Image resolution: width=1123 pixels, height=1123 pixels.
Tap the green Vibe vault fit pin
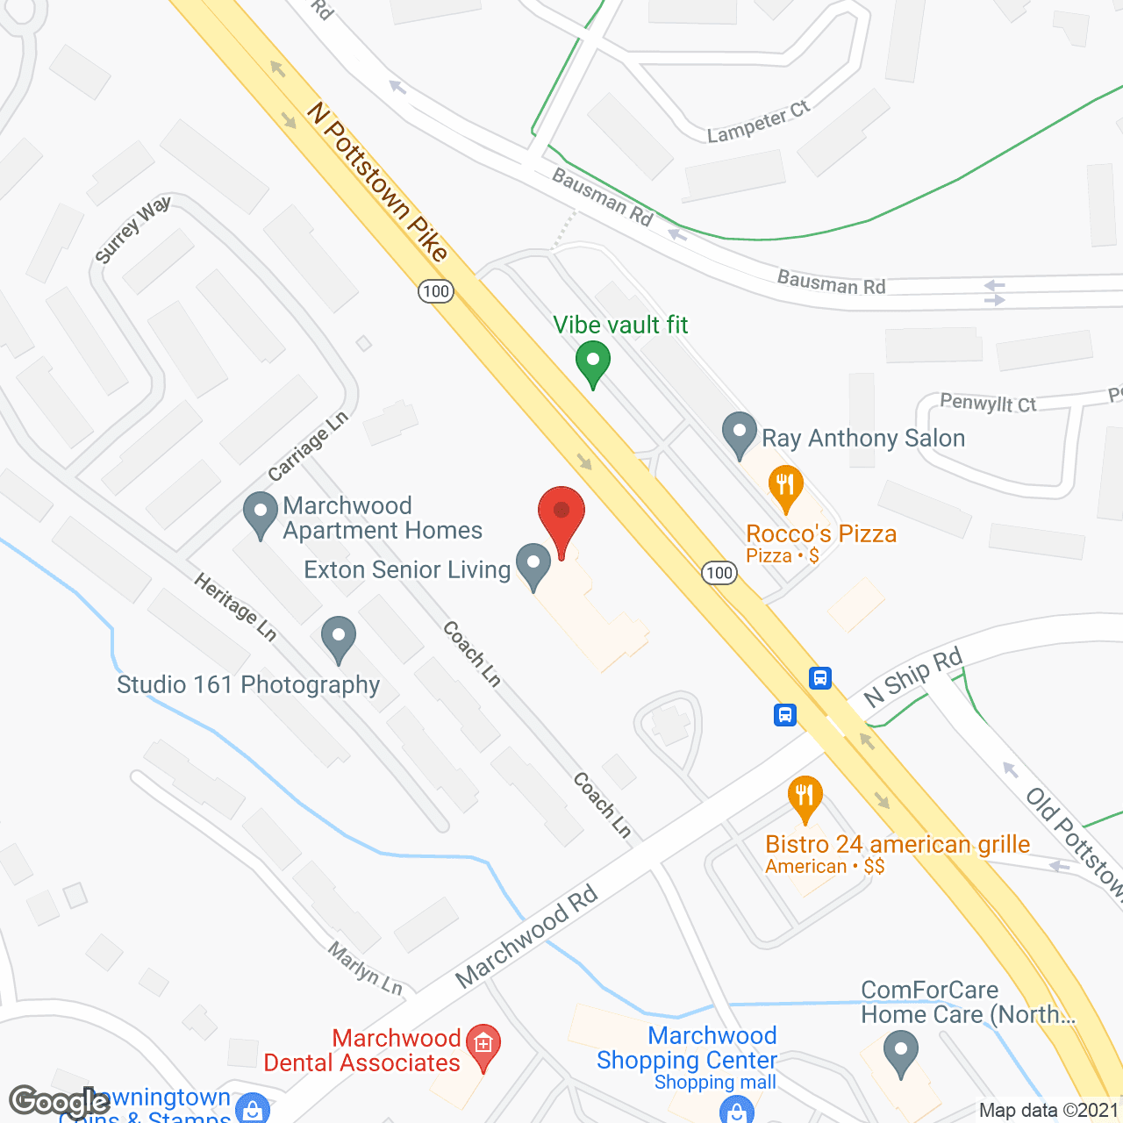(x=593, y=362)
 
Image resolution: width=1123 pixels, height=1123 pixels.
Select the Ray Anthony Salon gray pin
(x=739, y=433)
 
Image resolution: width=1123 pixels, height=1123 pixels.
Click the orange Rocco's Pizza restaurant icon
(x=785, y=487)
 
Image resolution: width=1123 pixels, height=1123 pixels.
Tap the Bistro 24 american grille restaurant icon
(x=805, y=798)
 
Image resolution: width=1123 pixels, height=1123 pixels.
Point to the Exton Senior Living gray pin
(x=533, y=565)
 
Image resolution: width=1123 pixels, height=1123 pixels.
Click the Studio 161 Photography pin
(x=339, y=638)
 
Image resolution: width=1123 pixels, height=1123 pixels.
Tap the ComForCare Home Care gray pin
(x=901, y=1051)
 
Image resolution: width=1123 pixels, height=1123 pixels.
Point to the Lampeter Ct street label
(x=759, y=122)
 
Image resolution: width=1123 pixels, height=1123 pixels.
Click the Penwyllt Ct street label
(x=988, y=403)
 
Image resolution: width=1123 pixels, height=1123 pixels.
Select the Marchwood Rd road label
(x=526, y=935)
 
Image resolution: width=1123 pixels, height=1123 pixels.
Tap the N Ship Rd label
(x=912, y=676)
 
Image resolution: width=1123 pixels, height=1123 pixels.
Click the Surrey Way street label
(x=132, y=230)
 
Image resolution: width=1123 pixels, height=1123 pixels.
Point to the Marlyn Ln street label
(x=365, y=968)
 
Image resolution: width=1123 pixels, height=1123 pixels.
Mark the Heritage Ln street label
(x=235, y=606)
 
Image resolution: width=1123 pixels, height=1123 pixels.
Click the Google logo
(x=59, y=1101)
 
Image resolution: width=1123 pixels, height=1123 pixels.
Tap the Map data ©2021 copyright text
(x=1049, y=1110)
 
